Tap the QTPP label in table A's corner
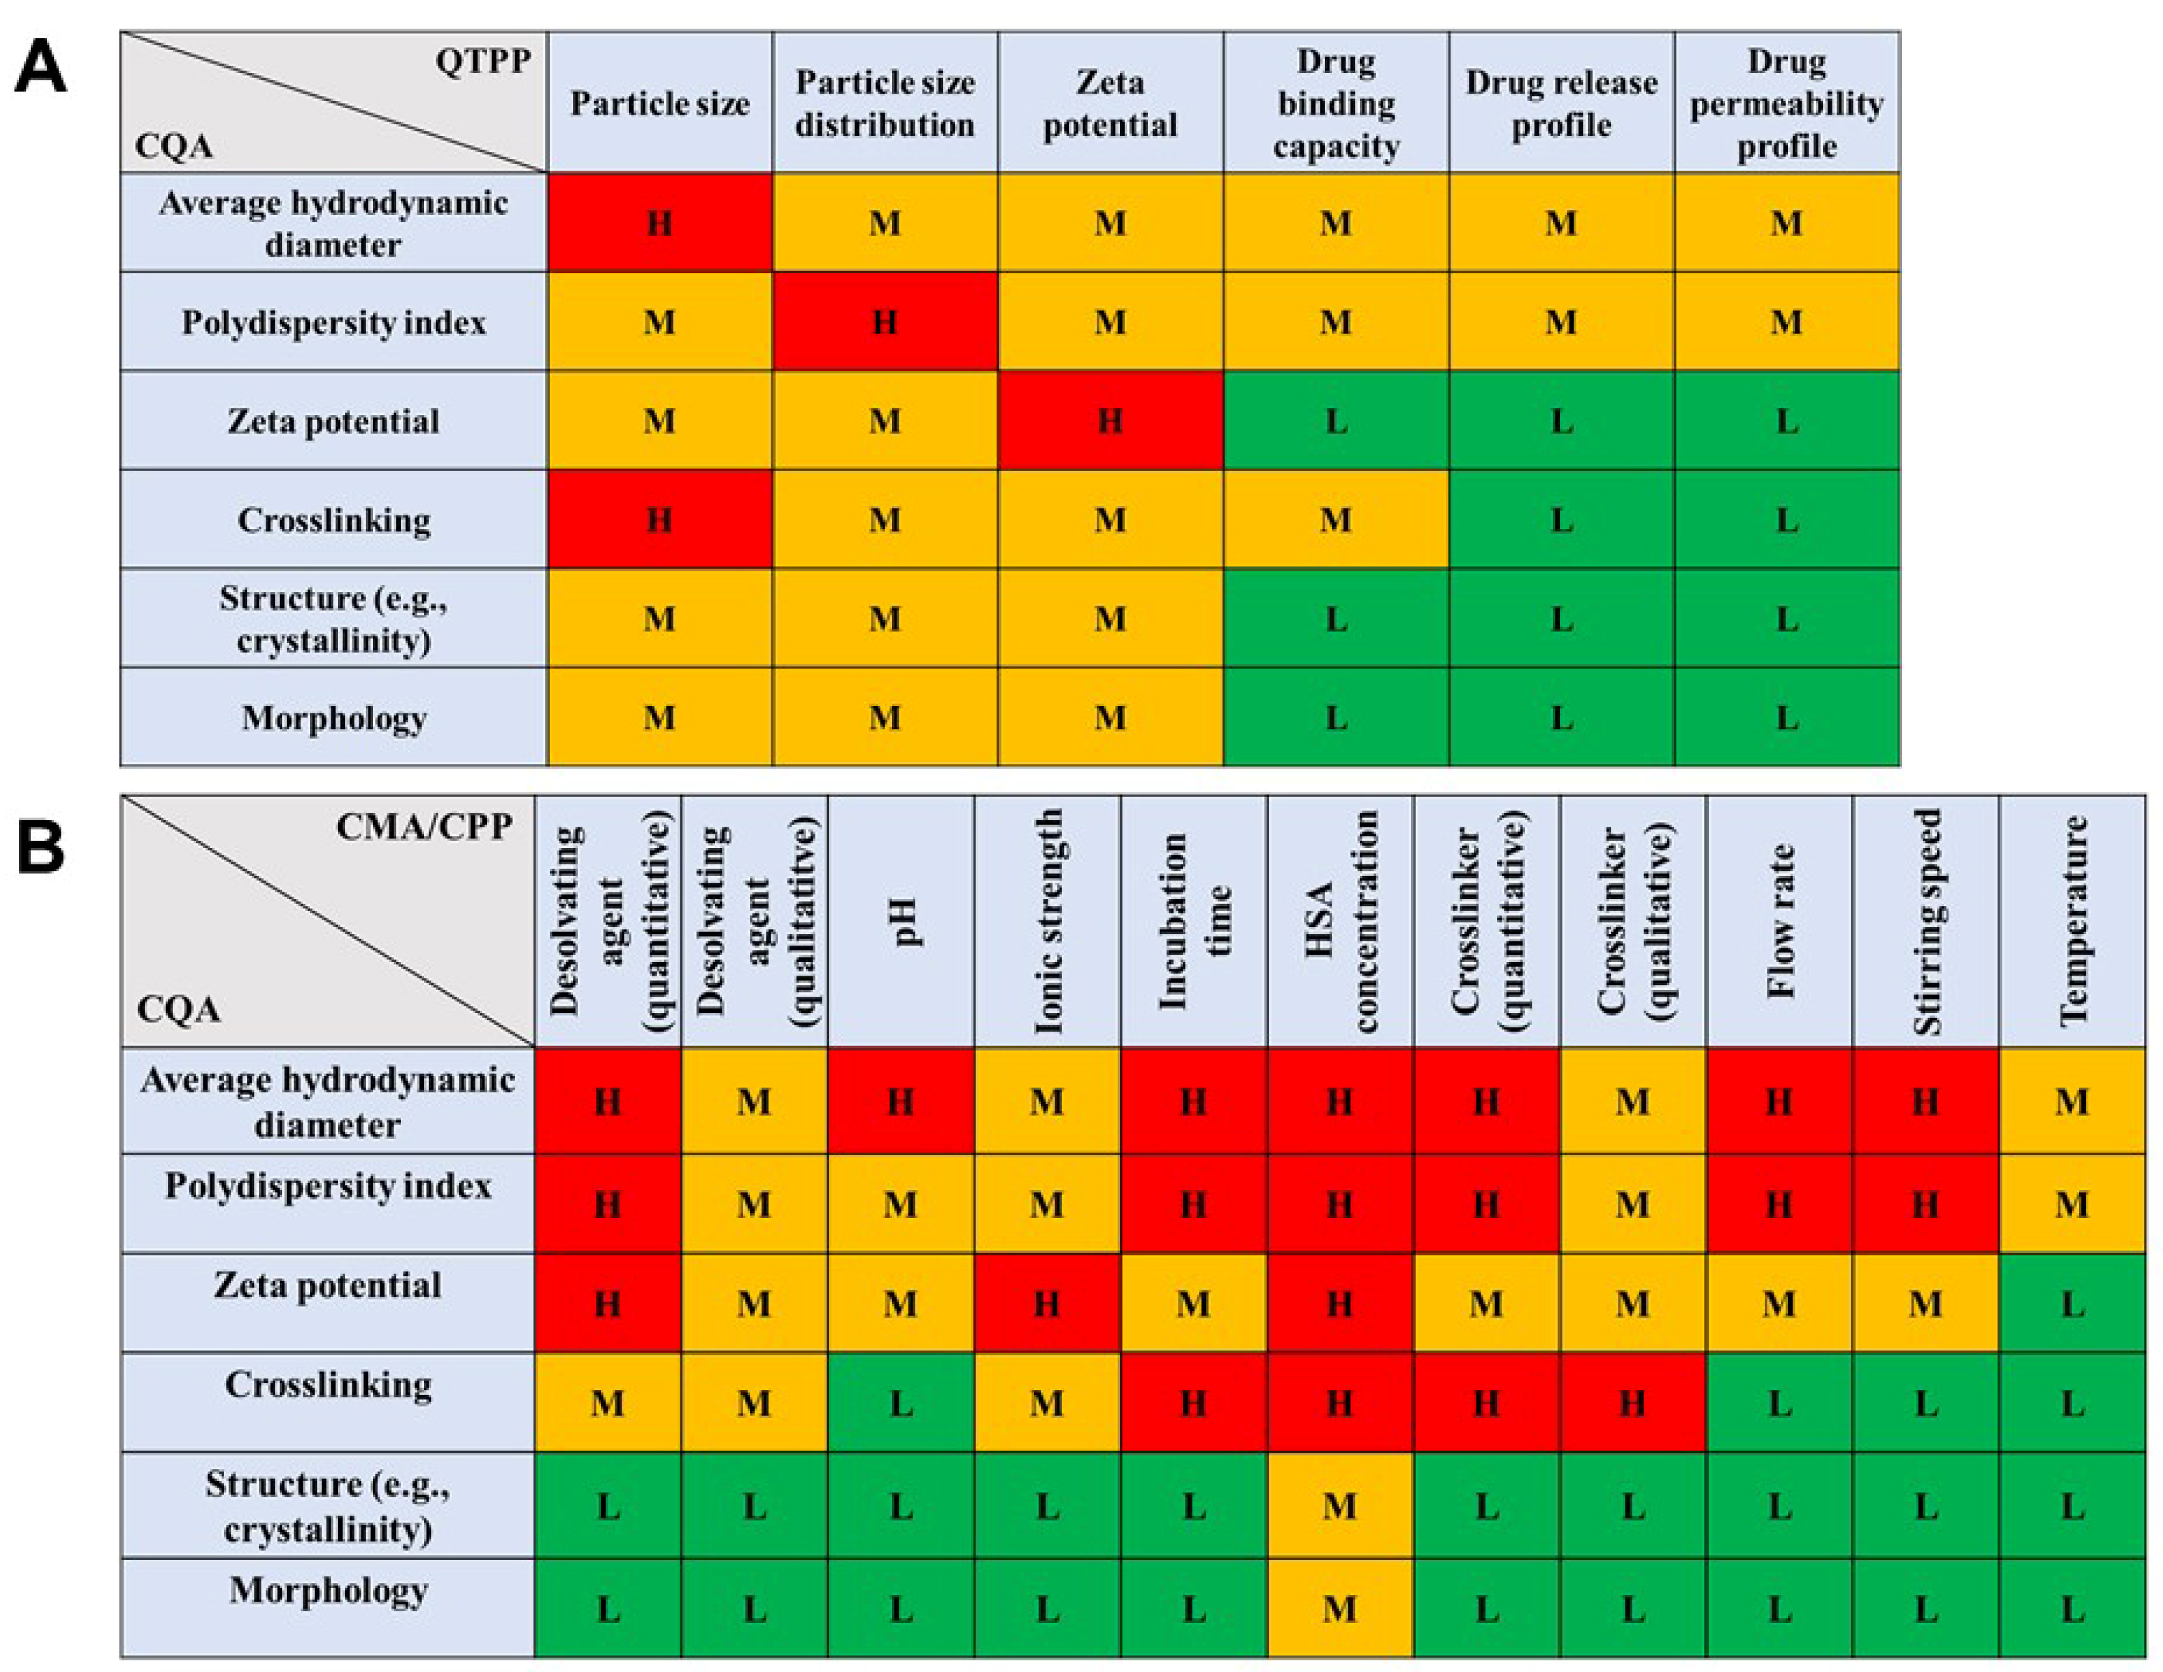tap(482, 61)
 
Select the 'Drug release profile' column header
tap(1561, 103)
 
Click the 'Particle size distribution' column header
tap(884, 103)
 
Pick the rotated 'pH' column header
tap(902, 920)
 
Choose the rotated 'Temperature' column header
tap(2072, 920)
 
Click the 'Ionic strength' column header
tap(1047, 920)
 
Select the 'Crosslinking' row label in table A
tap(334, 520)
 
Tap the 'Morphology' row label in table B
tap(328, 1591)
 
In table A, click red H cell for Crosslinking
tap(660, 520)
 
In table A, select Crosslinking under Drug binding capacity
tap(1335, 520)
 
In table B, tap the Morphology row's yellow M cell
tap(1339, 1609)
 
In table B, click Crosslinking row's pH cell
tap(902, 1403)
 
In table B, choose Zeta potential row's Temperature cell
tap(2072, 1304)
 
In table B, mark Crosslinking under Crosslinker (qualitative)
tap(1632, 1403)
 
